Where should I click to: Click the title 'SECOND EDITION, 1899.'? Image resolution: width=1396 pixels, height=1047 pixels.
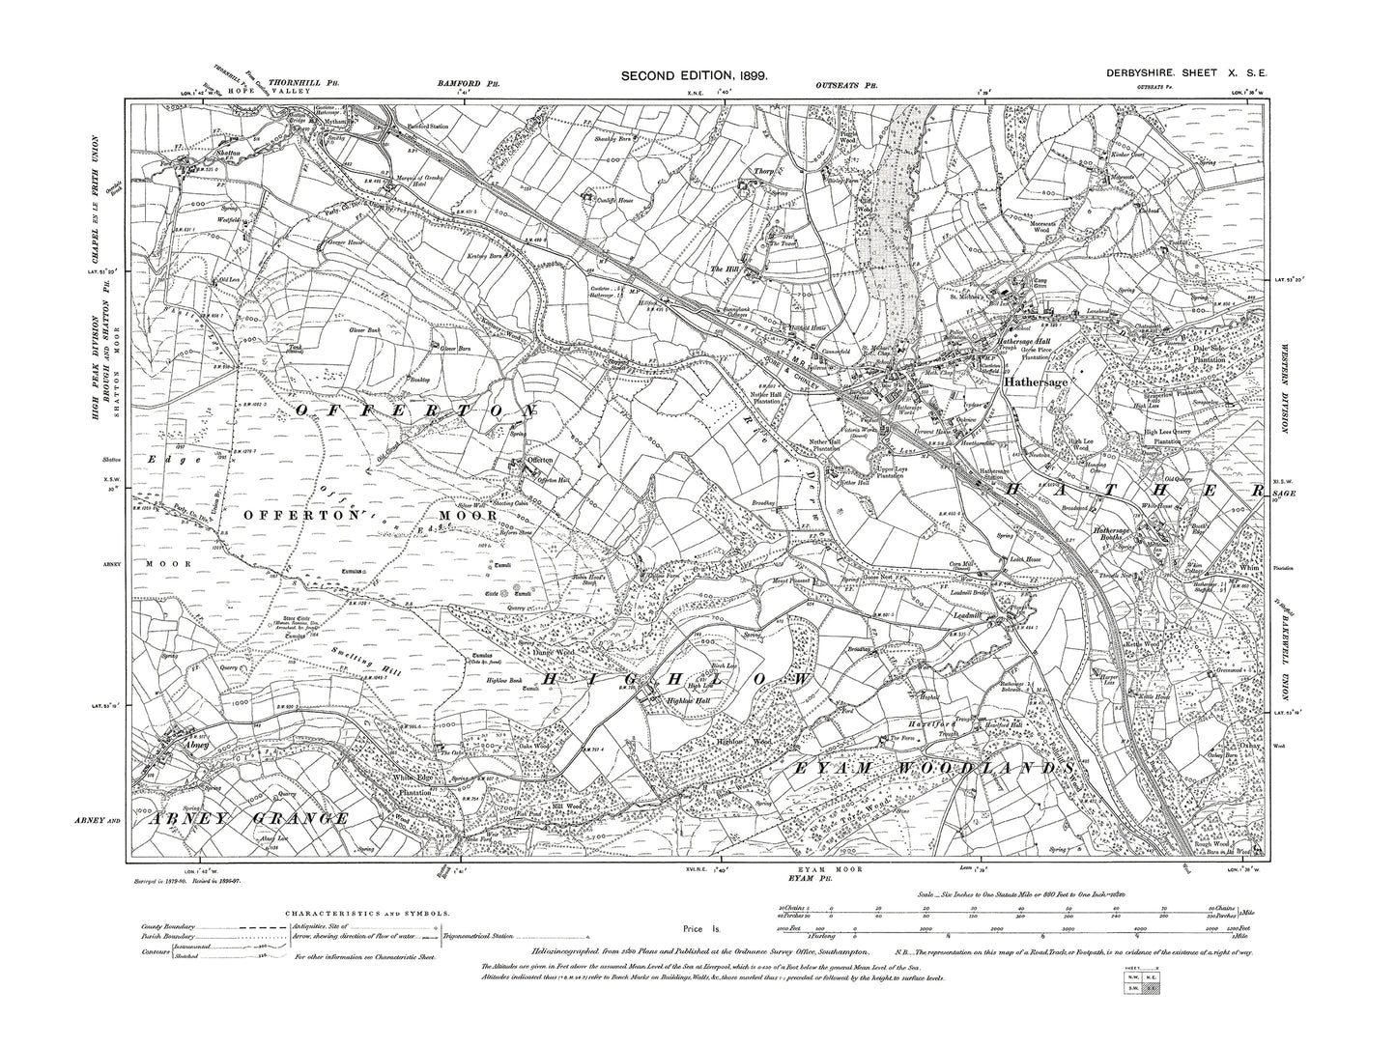point(694,75)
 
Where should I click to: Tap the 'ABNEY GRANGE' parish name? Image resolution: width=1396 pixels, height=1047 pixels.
point(249,819)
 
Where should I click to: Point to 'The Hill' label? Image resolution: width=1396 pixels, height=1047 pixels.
point(724,269)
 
